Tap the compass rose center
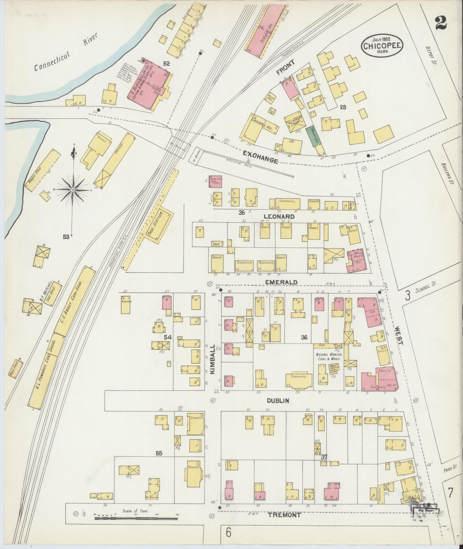coord(73,190)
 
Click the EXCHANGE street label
coord(261,157)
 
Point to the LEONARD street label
coord(279,216)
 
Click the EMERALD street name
coord(281,282)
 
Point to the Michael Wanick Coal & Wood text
coord(329,357)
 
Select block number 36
coord(304,338)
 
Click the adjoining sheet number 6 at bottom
coord(228,533)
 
